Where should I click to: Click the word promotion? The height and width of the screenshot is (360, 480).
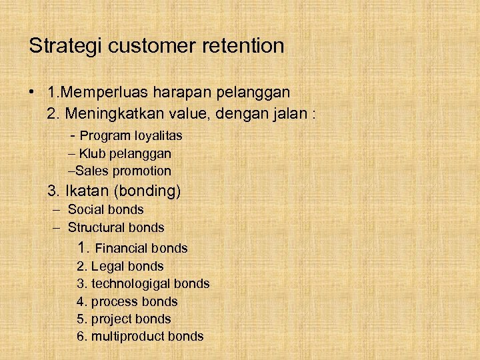click(x=142, y=171)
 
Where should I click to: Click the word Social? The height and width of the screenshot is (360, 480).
click(x=87, y=209)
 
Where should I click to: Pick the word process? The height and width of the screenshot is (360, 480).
click(x=115, y=302)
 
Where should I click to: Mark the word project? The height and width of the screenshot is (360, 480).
click(x=112, y=319)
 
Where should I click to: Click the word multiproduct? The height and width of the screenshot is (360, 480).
click(x=127, y=337)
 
